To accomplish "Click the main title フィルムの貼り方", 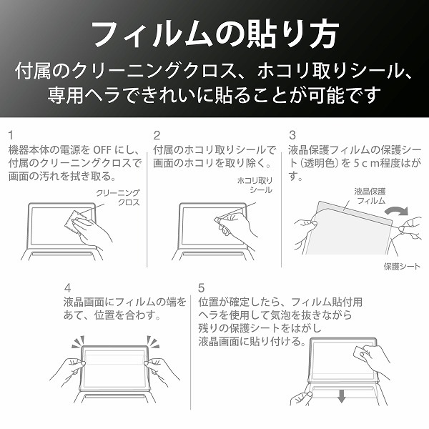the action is [x=214, y=35].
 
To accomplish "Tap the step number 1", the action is [x=11, y=135].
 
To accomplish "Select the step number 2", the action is [x=157, y=135].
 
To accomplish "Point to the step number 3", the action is [x=292, y=135].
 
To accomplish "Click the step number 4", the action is [x=68, y=288].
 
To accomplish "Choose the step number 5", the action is [x=202, y=288].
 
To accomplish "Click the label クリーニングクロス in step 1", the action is [x=118, y=197].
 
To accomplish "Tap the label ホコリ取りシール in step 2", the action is [x=255, y=185].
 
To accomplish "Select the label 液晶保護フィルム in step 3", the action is [x=370, y=196].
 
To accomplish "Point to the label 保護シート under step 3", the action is [x=402, y=266].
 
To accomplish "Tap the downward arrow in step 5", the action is [x=341, y=396].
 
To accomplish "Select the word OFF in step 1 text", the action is [x=102, y=150].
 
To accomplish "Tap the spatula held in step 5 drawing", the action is [x=362, y=352].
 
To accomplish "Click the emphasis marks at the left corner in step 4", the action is [x=78, y=342].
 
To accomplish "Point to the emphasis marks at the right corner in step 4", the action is [x=153, y=342].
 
